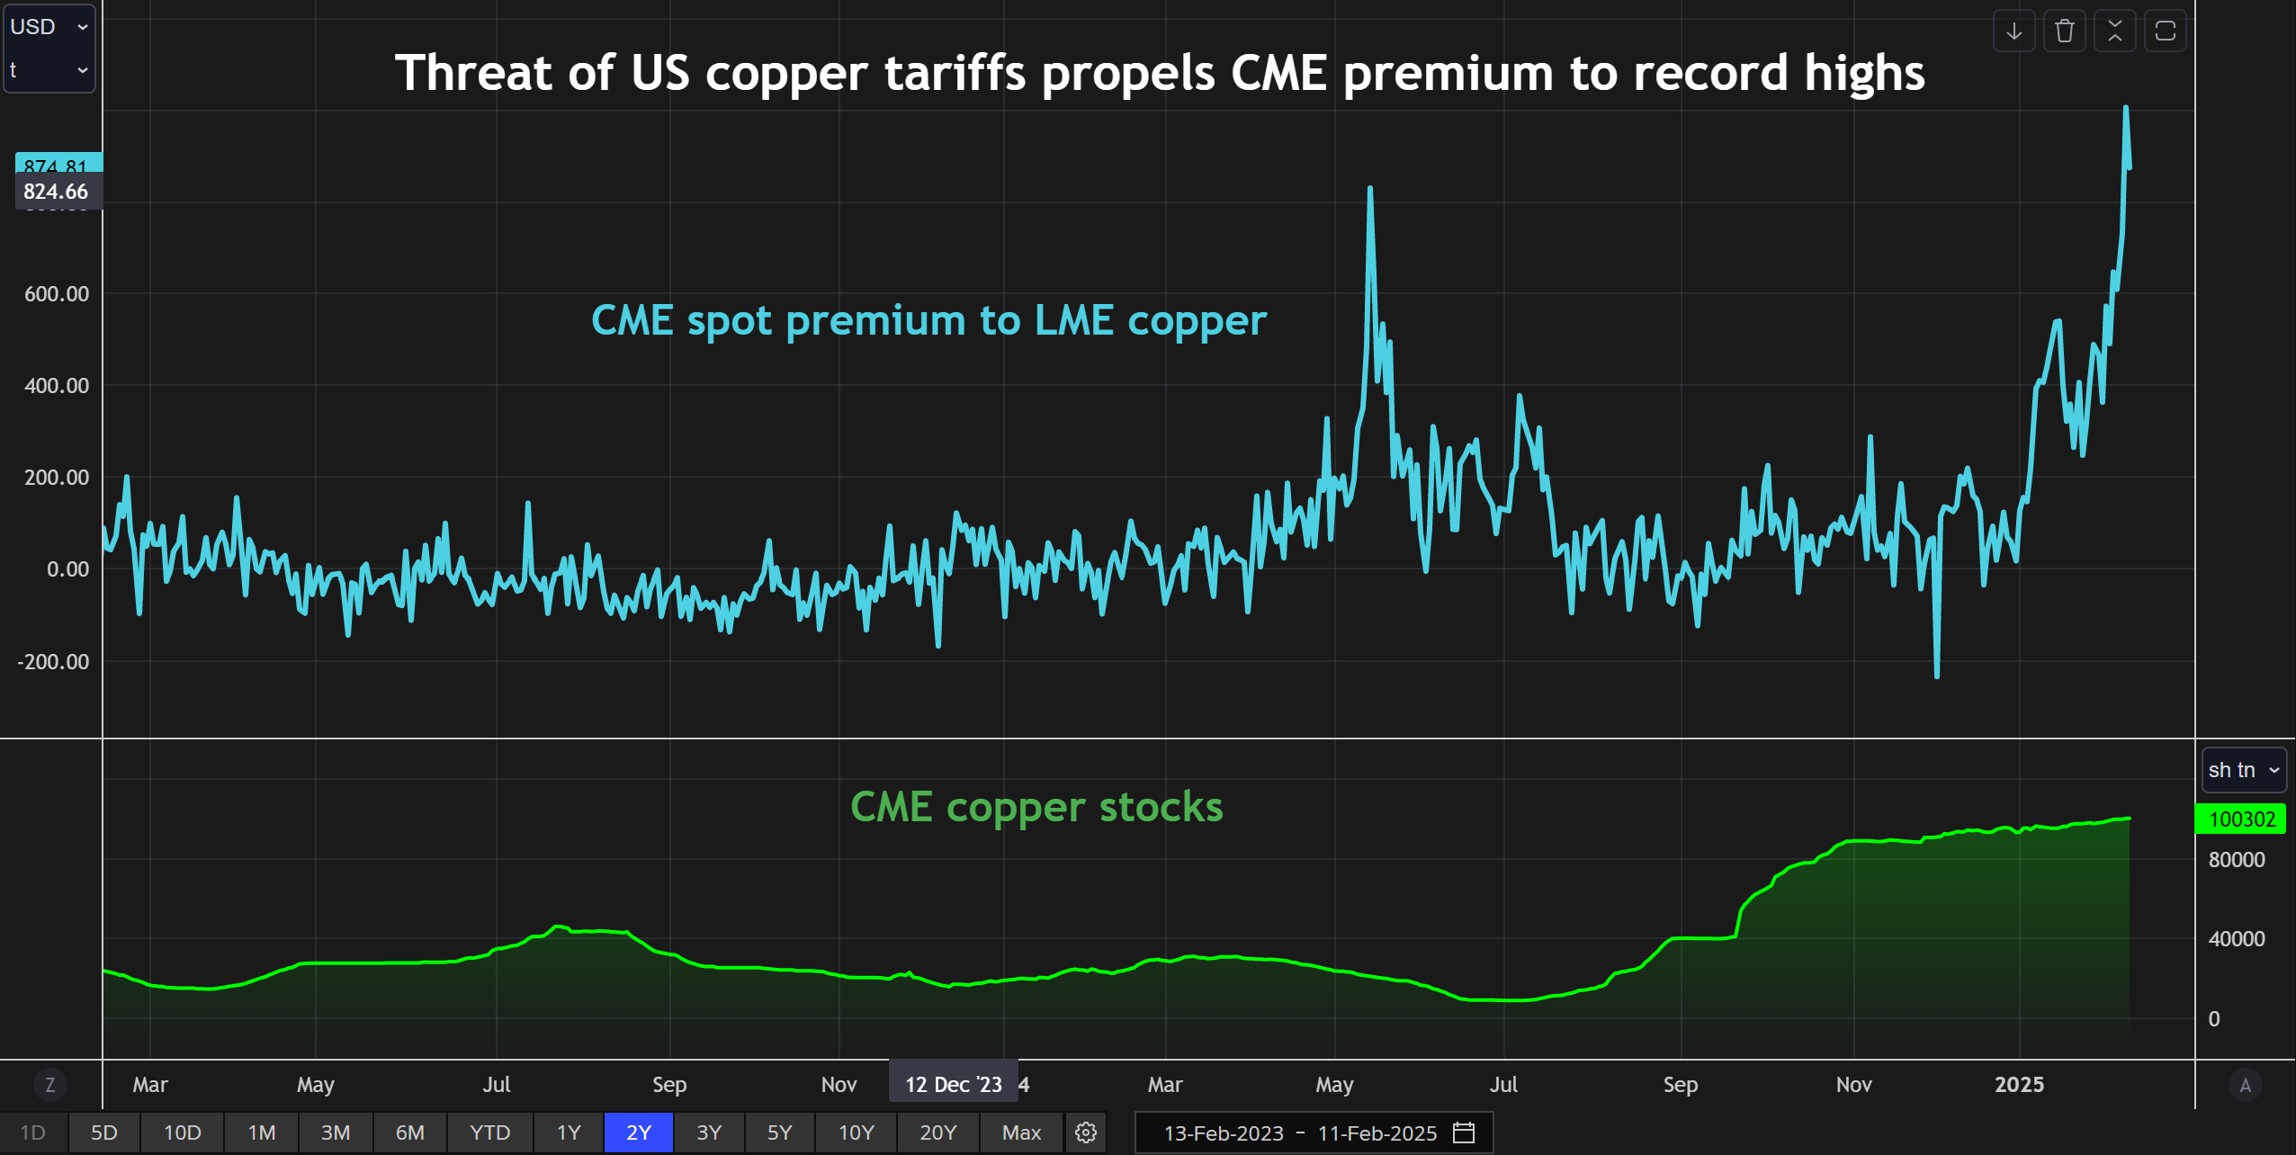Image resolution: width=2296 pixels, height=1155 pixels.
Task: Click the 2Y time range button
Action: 638,1133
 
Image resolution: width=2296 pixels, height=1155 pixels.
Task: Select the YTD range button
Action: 489,1133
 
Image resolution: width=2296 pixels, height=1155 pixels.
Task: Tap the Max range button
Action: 1021,1133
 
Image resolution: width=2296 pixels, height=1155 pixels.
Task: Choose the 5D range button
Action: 104,1133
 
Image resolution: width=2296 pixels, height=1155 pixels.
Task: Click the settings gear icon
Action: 1086,1133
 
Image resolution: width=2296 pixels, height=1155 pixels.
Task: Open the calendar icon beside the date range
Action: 1464,1133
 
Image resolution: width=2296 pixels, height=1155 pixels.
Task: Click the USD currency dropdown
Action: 49,27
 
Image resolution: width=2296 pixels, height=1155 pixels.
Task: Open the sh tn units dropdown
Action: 2243,770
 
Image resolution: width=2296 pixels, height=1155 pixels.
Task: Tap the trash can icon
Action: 2064,31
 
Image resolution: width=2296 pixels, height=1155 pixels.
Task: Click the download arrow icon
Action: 2013,31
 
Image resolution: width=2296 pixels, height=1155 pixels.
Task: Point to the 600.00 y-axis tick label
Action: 57,294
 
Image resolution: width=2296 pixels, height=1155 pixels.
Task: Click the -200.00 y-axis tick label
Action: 53,662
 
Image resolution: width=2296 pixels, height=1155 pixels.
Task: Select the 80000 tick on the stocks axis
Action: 2236,860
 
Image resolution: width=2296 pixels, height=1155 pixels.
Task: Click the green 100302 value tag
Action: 2241,819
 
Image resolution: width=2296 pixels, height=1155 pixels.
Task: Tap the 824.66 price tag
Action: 56,192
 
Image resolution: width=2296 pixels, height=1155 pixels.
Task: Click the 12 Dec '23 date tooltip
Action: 953,1085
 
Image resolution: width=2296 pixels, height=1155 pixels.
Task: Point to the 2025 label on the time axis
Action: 2019,1085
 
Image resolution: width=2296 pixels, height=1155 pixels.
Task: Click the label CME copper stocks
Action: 1036,807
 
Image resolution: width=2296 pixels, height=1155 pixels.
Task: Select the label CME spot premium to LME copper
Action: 928,320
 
